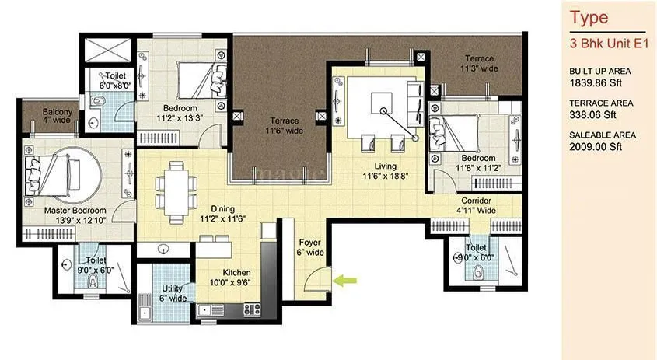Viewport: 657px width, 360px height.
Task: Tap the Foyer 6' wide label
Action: pos(310,247)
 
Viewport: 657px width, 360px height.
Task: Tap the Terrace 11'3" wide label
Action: pos(480,64)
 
